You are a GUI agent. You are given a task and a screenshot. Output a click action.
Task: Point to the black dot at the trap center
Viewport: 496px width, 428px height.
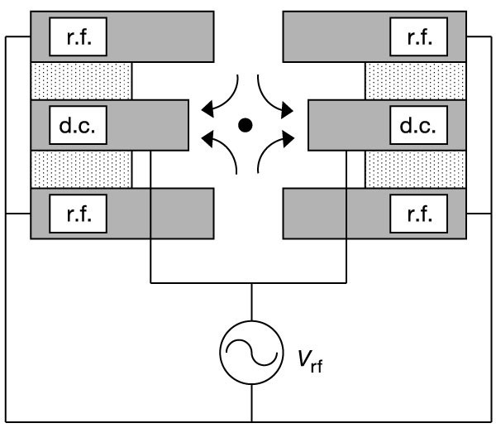245,125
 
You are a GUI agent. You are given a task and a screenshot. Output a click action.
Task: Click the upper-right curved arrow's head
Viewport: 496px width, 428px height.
290,107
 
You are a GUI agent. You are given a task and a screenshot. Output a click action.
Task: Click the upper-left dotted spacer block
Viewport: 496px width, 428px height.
81,81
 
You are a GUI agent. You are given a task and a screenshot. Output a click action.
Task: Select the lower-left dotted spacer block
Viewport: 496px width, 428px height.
81,170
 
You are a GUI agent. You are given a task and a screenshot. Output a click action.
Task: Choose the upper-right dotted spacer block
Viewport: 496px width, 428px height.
415,81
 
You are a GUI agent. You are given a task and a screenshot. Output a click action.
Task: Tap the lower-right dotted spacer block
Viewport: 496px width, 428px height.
415,170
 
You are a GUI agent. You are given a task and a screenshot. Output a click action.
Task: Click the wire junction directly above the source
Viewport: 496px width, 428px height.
251,282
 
